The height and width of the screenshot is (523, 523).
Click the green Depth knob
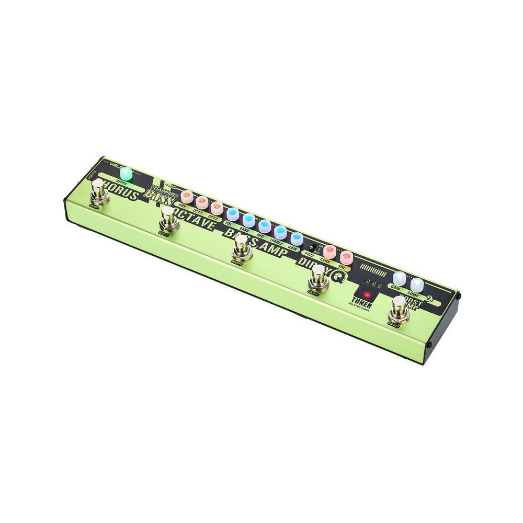(126, 174)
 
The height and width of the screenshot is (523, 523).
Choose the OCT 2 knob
(217, 209)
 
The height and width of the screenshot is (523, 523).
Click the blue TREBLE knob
(280, 233)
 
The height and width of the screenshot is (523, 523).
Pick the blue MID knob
(264, 226)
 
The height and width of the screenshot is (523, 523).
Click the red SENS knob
(329, 251)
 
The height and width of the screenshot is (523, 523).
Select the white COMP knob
(417, 284)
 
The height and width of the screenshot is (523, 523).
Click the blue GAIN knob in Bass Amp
(297, 238)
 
